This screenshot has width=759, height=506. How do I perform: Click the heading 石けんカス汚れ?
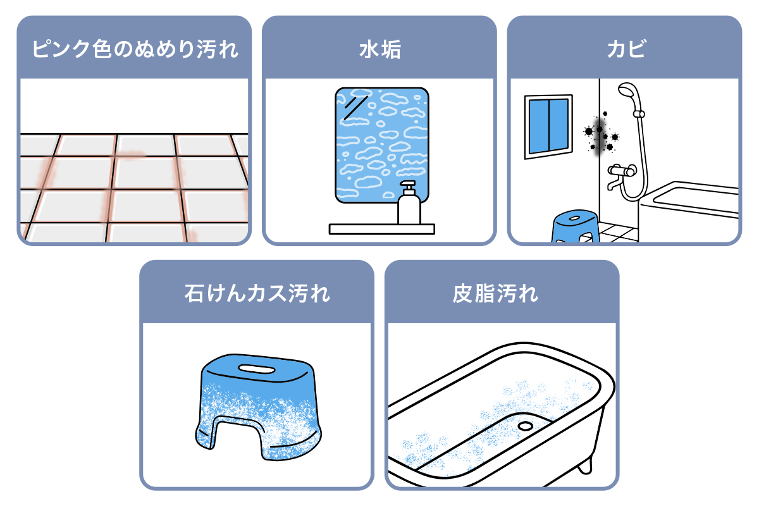point(257,294)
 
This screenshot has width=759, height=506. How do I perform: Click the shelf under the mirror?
point(381,229)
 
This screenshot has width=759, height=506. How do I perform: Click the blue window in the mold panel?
point(548,125)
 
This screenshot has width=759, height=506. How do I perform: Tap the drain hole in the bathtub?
point(525,426)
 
